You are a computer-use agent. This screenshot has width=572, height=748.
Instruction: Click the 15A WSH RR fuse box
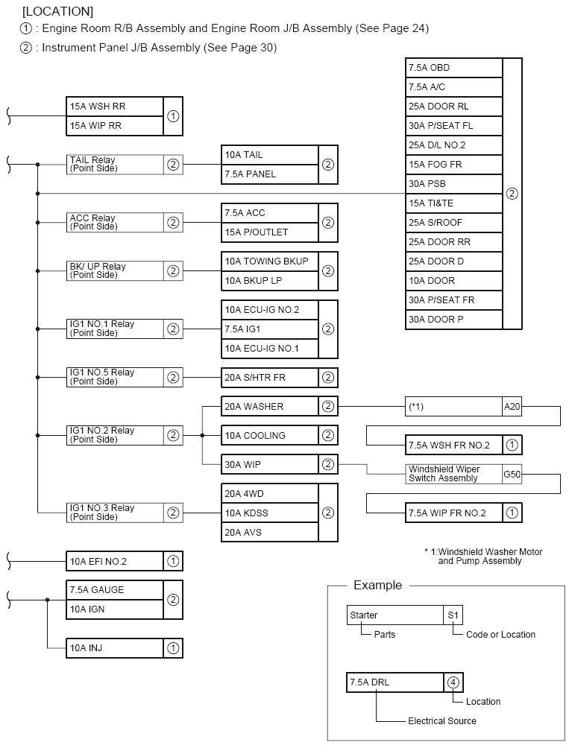coord(115,107)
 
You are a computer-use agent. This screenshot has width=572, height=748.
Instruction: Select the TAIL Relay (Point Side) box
coord(115,165)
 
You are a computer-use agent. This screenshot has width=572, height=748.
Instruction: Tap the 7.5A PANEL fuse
coord(270,174)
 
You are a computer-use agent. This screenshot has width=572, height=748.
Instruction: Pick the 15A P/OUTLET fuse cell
coord(270,232)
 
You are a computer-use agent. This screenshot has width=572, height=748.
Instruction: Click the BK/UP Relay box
coord(115,271)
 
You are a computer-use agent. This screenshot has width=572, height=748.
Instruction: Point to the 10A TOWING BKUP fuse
coord(270,262)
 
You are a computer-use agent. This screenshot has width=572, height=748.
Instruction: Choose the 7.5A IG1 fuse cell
coord(270,329)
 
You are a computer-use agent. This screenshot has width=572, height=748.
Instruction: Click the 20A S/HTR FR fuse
coord(270,378)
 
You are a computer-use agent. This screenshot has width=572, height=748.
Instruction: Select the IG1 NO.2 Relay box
coord(115,435)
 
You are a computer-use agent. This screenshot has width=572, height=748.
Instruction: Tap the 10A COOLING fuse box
coord(270,435)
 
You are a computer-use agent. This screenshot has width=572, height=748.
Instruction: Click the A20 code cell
coord(512,407)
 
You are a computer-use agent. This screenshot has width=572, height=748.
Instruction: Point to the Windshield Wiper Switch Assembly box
coord(453,474)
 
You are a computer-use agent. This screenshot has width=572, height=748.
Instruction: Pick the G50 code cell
coord(512,474)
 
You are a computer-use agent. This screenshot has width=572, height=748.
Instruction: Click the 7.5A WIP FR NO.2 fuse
coord(453,513)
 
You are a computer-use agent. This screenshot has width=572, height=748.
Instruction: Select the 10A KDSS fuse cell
coord(270,513)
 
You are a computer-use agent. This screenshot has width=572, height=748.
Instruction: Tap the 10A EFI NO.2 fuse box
coord(115,561)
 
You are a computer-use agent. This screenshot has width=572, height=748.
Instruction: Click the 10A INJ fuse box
coord(115,648)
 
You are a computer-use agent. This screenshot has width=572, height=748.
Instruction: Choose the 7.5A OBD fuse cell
coord(454,68)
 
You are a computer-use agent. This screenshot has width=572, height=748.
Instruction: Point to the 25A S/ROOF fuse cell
coord(454,223)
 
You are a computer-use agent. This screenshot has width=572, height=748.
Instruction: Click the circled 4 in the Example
coord(453,682)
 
